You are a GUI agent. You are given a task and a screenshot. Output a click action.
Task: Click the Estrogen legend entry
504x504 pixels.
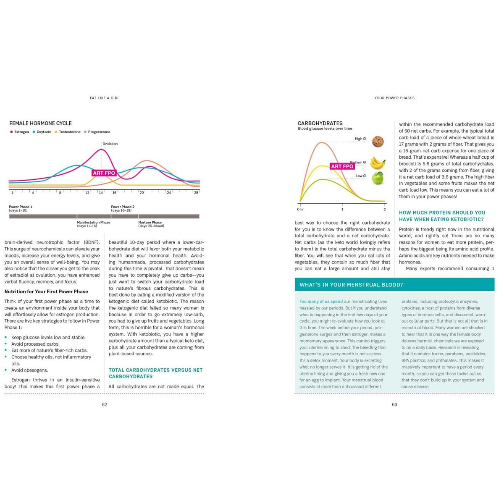[20, 132]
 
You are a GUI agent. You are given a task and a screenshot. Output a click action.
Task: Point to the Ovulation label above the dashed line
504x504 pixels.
[110, 144]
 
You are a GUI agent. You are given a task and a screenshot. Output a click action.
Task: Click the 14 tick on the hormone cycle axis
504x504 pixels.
[101, 192]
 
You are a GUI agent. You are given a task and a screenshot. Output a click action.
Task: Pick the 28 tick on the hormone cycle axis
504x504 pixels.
[196, 192]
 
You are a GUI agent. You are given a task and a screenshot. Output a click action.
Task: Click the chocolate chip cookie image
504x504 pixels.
[378, 142]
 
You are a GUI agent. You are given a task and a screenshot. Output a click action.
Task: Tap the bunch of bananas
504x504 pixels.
[378, 163]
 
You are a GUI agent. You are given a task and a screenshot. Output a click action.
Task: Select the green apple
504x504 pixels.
[378, 178]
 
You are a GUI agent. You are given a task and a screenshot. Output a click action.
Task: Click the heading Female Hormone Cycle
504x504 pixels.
[40, 123]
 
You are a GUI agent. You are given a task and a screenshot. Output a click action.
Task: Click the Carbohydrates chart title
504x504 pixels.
[320, 123]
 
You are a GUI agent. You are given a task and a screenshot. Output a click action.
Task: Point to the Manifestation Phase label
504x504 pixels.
[93, 223]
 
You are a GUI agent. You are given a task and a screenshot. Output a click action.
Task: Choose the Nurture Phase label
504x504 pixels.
[150, 223]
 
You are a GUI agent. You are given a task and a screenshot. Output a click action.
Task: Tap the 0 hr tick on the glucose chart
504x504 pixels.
[300, 209]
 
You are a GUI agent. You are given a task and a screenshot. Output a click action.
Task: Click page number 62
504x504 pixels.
[105, 404]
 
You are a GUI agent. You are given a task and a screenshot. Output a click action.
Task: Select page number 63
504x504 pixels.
[394, 404]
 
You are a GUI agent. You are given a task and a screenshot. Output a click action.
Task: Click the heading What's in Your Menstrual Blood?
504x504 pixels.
[351, 285]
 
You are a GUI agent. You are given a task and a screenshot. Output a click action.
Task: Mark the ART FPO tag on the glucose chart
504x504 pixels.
[342, 166]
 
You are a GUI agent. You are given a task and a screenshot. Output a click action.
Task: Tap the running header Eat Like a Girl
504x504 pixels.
[105, 98]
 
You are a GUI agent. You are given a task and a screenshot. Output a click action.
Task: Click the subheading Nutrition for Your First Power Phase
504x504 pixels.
[46, 291]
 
